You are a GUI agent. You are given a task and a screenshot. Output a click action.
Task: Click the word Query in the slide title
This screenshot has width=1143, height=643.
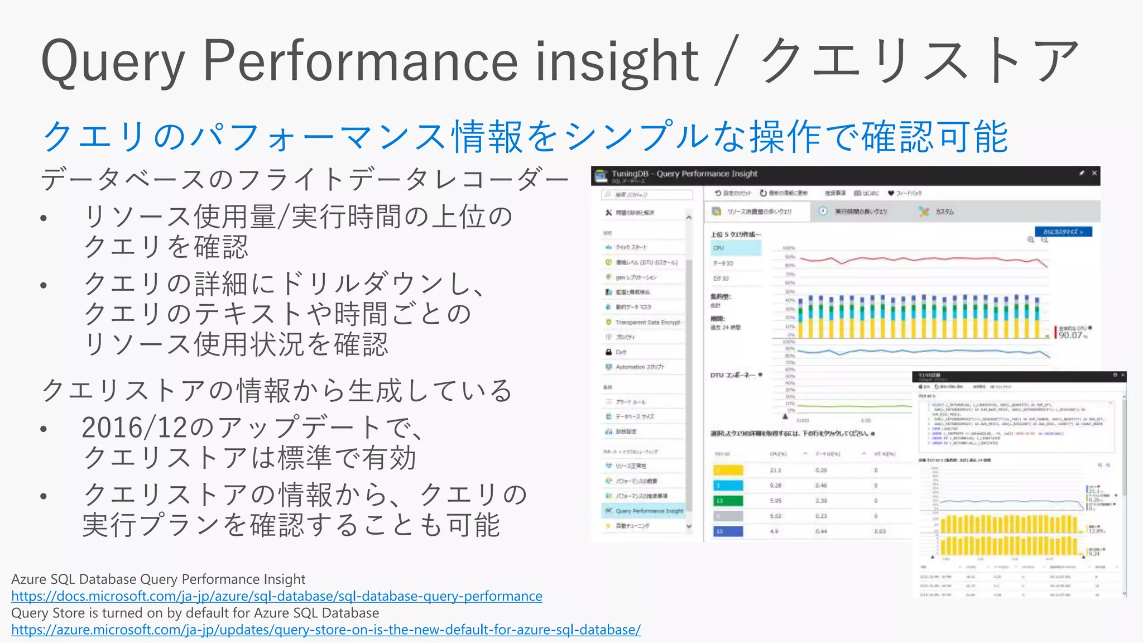point(112,61)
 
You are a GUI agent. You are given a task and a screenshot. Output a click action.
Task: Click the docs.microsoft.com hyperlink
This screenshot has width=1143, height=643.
point(276,596)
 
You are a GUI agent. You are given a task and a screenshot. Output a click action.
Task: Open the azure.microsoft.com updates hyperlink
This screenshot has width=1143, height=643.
point(325,630)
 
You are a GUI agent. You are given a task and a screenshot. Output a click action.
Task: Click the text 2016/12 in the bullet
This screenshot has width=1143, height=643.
point(134,428)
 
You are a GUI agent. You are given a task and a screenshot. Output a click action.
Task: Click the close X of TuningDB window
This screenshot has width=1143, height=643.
point(1094,174)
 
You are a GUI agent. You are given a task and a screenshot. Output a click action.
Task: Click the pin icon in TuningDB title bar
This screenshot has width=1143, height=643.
point(1081,174)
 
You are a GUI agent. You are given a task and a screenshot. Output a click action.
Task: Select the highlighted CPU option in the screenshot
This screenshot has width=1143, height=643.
point(736,248)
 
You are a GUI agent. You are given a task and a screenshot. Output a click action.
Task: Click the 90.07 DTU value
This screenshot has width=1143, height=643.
point(1070,335)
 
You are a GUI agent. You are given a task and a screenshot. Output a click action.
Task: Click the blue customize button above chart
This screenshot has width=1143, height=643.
point(1063,232)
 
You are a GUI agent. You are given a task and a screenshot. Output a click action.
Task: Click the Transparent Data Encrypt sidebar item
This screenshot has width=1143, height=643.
point(647,322)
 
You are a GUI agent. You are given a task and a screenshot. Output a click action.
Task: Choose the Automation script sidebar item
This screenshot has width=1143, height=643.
point(640,367)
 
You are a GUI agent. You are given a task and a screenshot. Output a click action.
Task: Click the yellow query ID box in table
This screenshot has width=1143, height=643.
point(728,470)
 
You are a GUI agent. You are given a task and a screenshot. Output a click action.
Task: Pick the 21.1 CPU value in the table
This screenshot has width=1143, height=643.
point(775,470)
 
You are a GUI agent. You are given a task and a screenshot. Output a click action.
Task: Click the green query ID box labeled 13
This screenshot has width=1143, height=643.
point(728,501)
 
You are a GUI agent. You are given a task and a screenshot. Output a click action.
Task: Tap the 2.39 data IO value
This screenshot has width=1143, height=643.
point(821,501)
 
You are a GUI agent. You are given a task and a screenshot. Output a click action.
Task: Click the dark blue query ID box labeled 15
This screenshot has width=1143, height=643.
point(728,531)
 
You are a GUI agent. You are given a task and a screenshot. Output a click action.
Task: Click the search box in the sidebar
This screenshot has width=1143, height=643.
point(647,195)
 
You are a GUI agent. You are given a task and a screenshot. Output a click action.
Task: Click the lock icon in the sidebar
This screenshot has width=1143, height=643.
point(608,352)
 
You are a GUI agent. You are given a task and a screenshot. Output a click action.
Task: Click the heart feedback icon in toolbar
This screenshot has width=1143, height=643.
point(891,193)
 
